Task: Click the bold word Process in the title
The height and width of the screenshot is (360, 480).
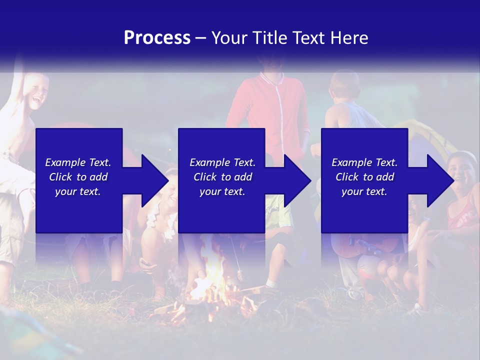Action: (157, 38)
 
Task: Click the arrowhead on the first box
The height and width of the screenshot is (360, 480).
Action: (155, 180)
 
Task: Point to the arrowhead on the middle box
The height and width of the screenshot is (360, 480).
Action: (297, 180)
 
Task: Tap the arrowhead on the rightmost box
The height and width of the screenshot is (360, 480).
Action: (440, 180)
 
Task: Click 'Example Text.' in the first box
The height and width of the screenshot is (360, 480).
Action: (78, 162)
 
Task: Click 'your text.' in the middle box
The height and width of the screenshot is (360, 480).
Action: (222, 191)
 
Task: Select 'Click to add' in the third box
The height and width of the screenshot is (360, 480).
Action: (364, 177)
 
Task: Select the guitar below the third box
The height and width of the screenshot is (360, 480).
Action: (365, 245)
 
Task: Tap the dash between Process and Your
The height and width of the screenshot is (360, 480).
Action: (200, 38)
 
